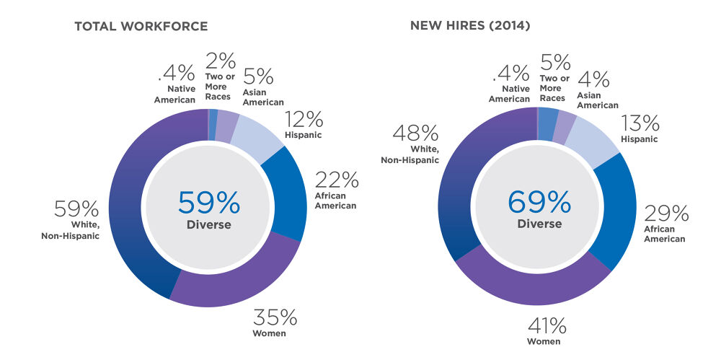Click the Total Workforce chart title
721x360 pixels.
(141, 27)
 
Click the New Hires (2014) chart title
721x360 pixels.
(470, 27)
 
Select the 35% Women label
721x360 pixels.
(274, 322)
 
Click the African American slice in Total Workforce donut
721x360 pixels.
(283, 195)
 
